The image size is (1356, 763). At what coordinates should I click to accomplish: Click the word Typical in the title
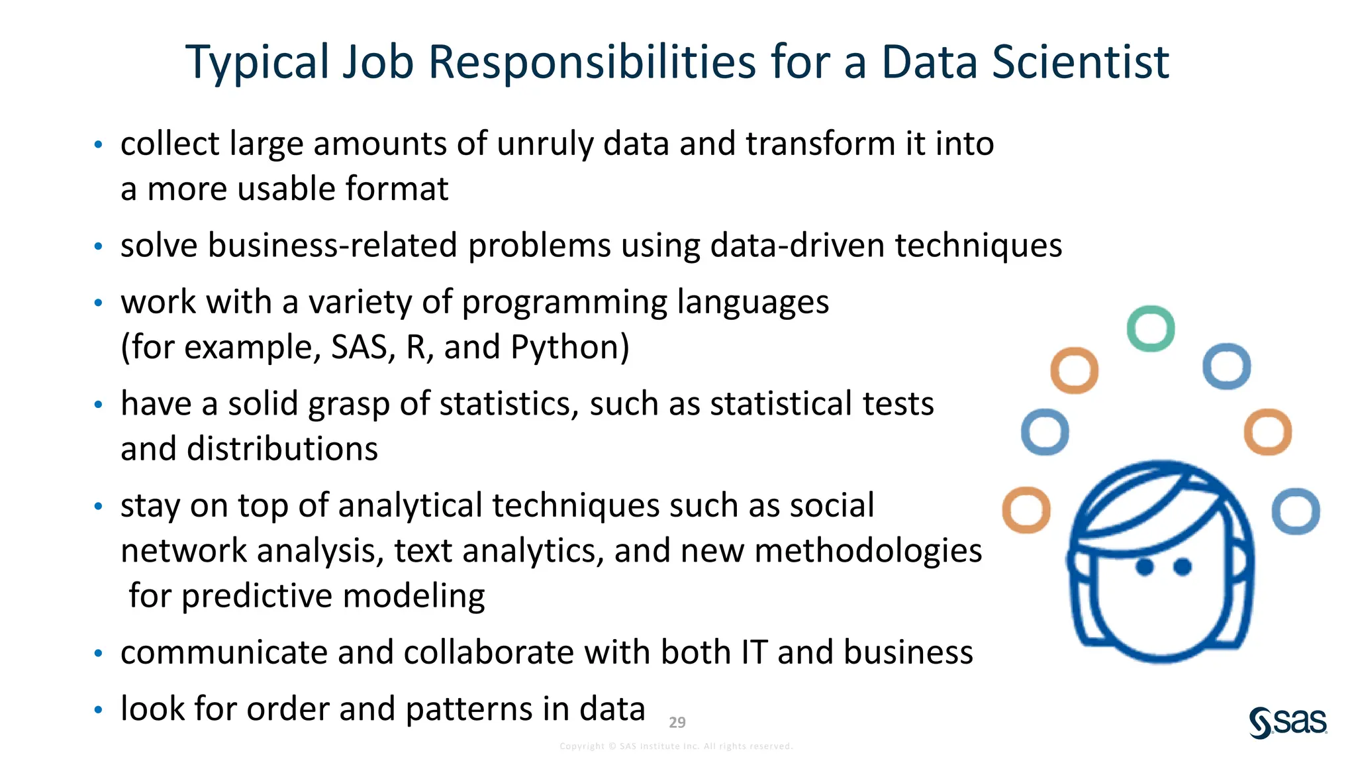pyautogui.click(x=257, y=64)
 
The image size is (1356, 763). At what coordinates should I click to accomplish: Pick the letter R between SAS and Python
pyautogui.click(x=416, y=347)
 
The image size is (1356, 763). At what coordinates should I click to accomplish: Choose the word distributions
pyautogui.click(x=249, y=449)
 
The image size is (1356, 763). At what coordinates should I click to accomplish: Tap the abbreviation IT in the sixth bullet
pyautogui.click(x=754, y=652)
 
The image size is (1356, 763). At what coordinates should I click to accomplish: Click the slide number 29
pyautogui.click(x=677, y=723)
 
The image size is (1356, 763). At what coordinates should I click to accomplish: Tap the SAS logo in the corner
pyautogui.click(x=1288, y=722)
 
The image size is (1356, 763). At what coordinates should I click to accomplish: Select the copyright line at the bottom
pyautogui.click(x=676, y=746)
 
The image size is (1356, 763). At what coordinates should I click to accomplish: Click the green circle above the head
pyautogui.click(x=1151, y=329)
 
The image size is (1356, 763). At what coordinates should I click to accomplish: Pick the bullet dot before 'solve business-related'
pyautogui.click(x=99, y=246)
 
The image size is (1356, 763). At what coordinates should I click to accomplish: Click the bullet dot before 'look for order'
pyautogui.click(x=99, y=710)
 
